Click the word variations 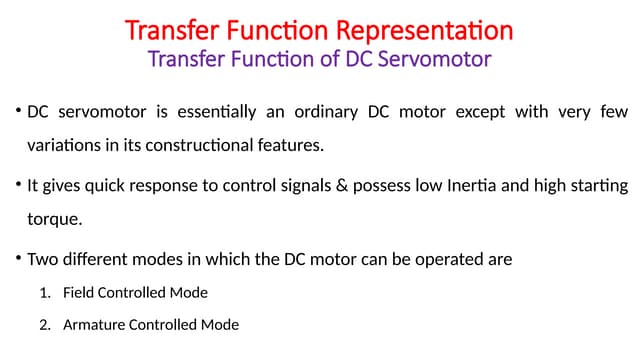pos(58,145)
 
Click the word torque pos(49,218)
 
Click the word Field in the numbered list pos(78,294)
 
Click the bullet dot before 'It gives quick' pos(18,185)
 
